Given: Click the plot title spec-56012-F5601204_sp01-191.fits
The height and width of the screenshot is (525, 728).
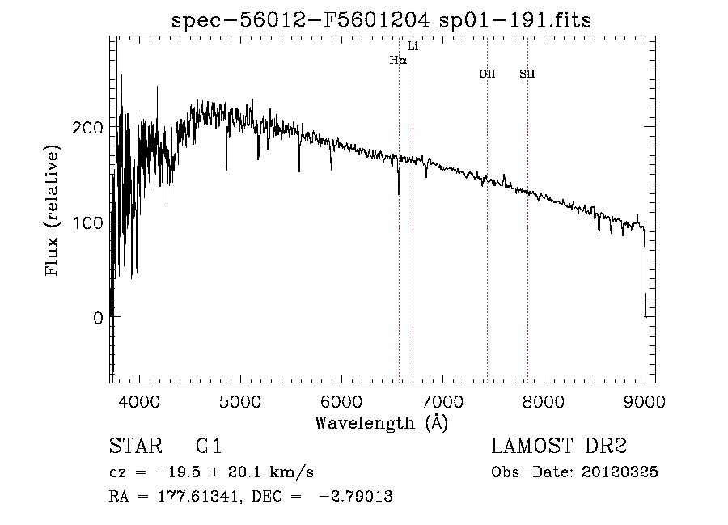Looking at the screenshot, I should click(381, 20).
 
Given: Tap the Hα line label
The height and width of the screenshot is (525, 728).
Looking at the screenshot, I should click(398, 60).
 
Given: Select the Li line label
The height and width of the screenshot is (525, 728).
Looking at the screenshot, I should click(413, 46).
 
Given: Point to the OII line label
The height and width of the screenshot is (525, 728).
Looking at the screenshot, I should click(487, 74).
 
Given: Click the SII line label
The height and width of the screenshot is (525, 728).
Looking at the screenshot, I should click(527, 74).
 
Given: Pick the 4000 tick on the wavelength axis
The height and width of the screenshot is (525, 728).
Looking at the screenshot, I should click(139, 400).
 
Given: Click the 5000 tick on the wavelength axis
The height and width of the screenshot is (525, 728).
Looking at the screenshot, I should click(240, 400).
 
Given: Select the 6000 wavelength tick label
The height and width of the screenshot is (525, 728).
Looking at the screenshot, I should click(341, 400).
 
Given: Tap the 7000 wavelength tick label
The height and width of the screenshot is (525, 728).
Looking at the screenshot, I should click(442, 400).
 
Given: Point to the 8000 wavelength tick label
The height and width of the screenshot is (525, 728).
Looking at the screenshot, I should click(544, 400).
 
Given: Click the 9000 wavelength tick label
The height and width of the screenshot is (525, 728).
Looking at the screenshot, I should click(645, 400).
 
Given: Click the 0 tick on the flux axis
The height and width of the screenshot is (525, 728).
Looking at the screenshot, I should click(97, 318).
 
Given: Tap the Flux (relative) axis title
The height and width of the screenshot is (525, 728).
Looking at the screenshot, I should click(54, 212).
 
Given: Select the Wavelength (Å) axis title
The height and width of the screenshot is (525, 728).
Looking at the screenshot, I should click(381, 422).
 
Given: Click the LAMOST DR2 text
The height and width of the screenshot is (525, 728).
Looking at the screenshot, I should click(559, 447).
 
